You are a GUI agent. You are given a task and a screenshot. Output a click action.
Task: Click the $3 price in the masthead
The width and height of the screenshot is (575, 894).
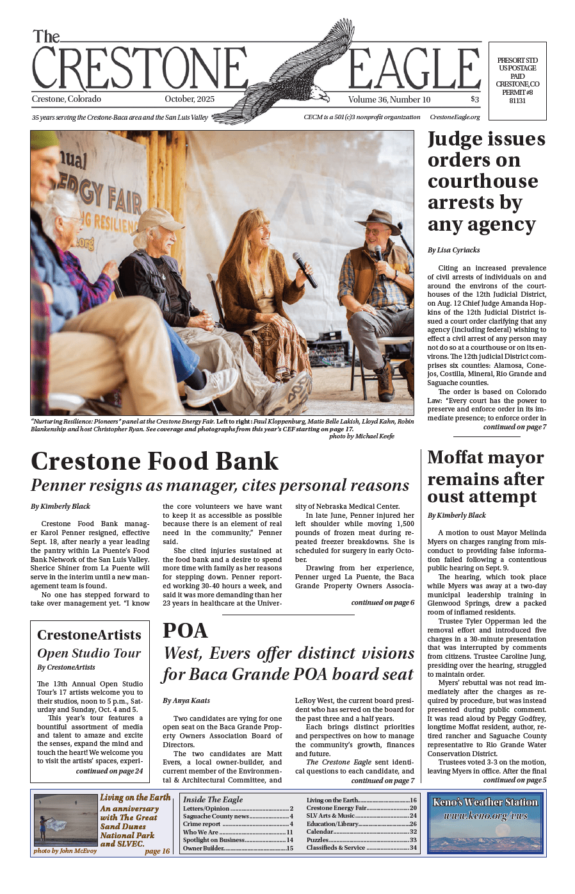(x=474, y=99)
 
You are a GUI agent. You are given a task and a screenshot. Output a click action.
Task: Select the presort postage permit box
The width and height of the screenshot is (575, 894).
(x=517, y=81)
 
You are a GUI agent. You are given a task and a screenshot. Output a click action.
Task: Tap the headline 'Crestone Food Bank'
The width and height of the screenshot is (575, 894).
(x=155, y=461)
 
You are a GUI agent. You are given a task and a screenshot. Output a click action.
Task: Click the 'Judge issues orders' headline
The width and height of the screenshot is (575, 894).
(x=487, y=181)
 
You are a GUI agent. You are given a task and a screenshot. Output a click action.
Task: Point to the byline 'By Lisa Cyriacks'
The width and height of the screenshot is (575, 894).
(x=453, y=250)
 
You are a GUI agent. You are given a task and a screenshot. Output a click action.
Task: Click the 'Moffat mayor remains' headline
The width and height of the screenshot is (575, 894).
(x=486, y=477)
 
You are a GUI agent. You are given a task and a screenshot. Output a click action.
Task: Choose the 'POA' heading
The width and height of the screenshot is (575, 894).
(x=185, y=631)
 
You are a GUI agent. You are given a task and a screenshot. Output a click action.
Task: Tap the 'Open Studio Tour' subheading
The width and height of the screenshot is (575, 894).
(x=89, y=653)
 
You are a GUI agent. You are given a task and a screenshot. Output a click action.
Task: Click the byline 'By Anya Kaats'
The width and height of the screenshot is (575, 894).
(x=186, y=700)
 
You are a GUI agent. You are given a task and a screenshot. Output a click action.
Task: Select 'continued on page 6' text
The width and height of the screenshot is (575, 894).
(x=382, y=602)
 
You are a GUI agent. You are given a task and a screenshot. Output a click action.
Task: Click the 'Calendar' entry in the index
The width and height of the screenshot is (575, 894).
(x=320, y=831)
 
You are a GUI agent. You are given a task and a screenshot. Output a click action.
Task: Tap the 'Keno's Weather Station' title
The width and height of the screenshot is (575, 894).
(x=485, y=802)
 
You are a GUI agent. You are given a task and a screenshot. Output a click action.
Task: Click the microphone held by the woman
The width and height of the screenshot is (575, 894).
(x=304, y=269)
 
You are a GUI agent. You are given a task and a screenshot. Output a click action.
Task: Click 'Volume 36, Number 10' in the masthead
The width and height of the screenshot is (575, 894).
(x=389, y=99)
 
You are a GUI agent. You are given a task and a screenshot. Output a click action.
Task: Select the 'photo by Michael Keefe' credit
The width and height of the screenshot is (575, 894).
(x=361, y=436)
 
